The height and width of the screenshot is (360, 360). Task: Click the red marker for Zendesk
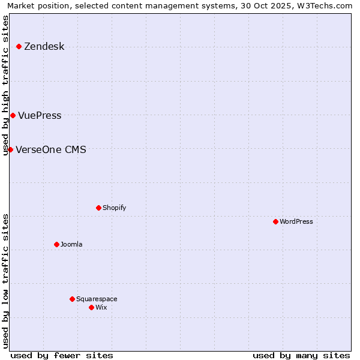pyautogui.click(x=19, y=46)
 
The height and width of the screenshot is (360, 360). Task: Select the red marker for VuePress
pyautogui.click(x=13, y=115)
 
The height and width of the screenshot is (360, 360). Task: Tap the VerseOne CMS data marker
pyautogui.click(x=10, y=149)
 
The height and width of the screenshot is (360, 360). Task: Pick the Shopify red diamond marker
pyautogui.click(x=98, y=208)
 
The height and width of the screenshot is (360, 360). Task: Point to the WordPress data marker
pyautogui.click(x=275, y=221)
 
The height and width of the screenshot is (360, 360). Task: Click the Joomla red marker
pyautogui.click(x=56, y=244)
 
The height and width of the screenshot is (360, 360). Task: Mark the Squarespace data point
pyautogui.click(x=72, y=299)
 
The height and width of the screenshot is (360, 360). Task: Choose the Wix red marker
pyautogui.click(x=91, y=307)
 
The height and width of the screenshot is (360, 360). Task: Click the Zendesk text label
pyautogui.click(x=44, y=47)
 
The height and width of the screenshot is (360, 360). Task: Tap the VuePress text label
pyautogui.click(x=40, y=116)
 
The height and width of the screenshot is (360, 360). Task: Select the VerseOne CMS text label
pyautogui.click(x=50, y=150)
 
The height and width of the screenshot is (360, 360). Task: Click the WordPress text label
pyautogui.click(x=296, y=222)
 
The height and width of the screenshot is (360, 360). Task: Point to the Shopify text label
pyautogui.click(x=114, y=208)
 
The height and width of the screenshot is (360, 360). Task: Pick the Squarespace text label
pyautogui.click(x=97, y=299)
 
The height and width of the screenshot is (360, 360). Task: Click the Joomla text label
pyautogui.click(x=71, y=245)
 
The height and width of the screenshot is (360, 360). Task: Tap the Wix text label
pyautogui.click(x=101, y=308)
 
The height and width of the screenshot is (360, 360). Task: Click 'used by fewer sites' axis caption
pyautogui.click(x=62, y=355)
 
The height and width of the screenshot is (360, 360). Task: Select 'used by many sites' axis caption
pyautogui.click(x=301, y=355)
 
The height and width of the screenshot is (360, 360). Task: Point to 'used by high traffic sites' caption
pyautogui.click(x=6, y=85)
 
